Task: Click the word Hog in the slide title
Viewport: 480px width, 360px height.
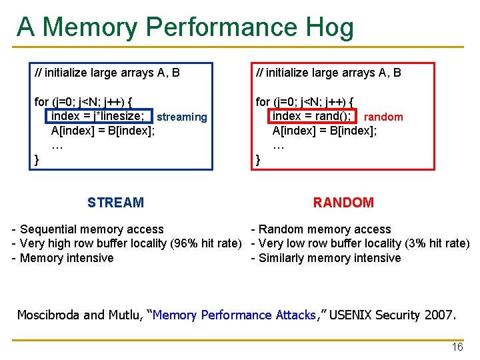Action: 329,27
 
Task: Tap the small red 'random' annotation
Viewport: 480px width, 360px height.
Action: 383,117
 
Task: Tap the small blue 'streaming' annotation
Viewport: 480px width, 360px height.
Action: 182,117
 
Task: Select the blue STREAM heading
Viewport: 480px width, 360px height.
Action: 115,203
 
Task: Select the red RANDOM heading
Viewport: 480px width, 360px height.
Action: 343,203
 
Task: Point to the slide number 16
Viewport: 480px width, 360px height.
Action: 457,347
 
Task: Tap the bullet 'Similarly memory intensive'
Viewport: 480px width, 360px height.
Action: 329,258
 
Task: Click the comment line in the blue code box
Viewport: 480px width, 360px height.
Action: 107,73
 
